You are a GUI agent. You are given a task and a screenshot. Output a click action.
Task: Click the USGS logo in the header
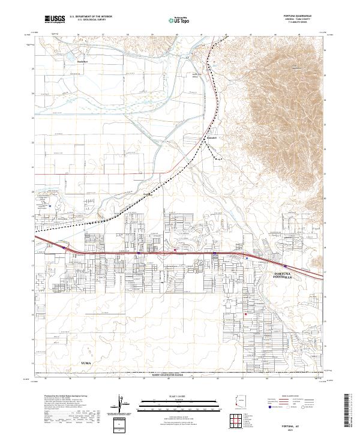[x=55, y=19]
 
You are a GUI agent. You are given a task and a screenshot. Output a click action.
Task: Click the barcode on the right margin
[x=350, y=410]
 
